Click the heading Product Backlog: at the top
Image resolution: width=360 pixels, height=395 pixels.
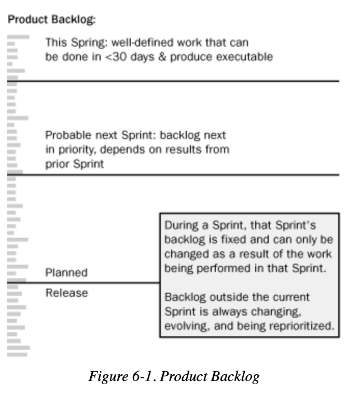pos(51,19)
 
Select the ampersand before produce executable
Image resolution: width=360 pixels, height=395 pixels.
pos(162,57)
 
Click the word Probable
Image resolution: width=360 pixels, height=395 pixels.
pos(68,135)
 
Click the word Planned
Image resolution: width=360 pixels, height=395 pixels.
pos(66,273)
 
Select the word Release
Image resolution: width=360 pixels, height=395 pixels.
pos(67,293)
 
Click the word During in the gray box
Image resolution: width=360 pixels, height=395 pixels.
pos(181,225)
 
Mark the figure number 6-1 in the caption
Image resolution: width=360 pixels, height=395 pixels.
pos(142,377)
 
